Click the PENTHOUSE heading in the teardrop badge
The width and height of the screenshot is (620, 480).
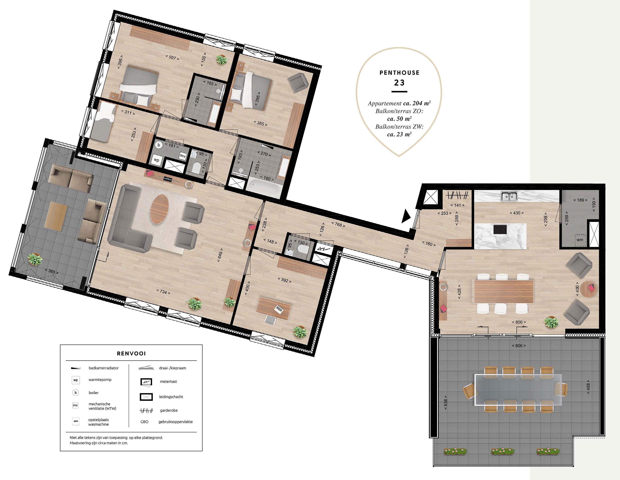pos(399,73)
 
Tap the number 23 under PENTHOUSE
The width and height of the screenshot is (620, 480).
pos(399,83)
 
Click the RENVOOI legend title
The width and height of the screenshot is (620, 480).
pos(131,353)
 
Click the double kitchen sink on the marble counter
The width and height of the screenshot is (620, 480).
pos(509,196)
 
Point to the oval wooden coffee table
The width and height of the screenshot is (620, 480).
pos(159,209)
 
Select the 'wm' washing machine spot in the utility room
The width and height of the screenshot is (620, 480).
pos(580,240)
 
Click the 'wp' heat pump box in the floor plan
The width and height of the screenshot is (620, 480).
pos(156,160)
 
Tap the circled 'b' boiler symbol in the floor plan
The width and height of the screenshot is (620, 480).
pos(159,145)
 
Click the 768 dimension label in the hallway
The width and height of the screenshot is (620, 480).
pos(338,225)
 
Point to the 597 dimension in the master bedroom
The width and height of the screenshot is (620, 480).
pos(172,57)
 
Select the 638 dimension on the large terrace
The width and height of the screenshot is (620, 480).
pos(446,402)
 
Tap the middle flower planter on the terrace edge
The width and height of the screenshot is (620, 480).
pos(503,451)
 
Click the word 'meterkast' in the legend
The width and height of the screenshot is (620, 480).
pos(168,381)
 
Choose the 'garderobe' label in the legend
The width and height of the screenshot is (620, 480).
pos(169,410)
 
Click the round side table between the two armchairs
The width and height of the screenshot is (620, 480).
pos(588,289)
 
